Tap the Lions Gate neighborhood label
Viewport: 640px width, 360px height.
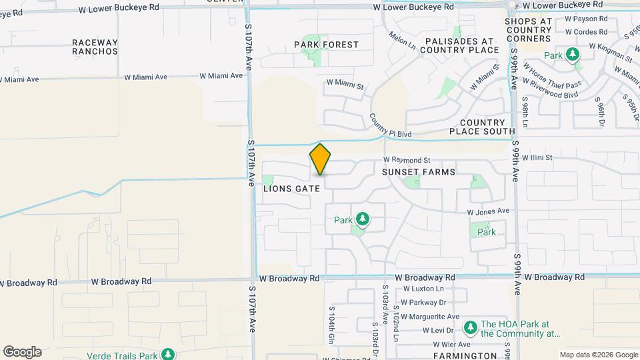[292, 189]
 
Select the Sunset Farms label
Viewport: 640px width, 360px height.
[419, 172]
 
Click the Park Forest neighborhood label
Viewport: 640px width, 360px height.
[327, 45]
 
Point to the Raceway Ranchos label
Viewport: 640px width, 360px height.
[95, 47]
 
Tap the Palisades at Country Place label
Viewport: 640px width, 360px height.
[460, 45]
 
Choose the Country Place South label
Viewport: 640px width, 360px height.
[481, 127]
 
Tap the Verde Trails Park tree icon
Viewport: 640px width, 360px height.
[169, 353]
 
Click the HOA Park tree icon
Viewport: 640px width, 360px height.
[470, 327]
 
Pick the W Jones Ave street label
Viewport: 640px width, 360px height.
[488, 211]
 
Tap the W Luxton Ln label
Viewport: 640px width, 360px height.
[423, 289]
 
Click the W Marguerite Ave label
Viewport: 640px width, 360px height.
[431, 317]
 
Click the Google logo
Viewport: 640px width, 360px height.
[22, 352]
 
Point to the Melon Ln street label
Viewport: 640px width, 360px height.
[402, 42]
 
